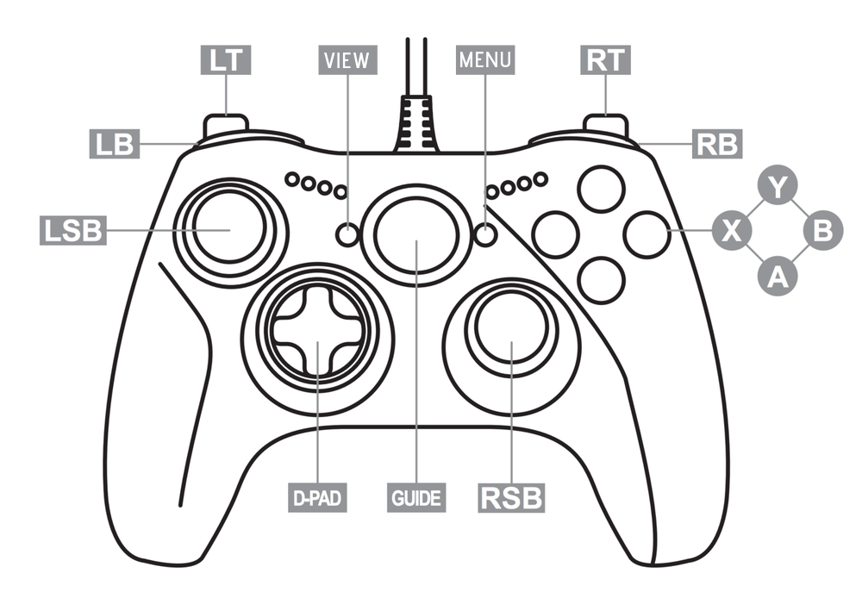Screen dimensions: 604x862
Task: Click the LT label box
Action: [x=227, y=59]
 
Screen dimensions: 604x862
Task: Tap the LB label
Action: [x=115, y=144]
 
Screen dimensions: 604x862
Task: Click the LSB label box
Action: [x=72, y=230]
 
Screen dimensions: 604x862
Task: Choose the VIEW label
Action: [x=347, y=59]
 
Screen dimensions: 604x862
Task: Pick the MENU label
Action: [x=484, y=59]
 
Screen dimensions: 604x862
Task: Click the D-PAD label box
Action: [x=317, y=497]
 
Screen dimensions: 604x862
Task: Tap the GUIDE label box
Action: [x=416, y=497]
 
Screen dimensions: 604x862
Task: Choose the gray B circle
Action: [x=823, y=230]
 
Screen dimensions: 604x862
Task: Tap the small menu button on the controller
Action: [x=485, y=234]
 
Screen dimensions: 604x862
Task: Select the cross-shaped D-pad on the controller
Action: [x=317, y=331]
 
